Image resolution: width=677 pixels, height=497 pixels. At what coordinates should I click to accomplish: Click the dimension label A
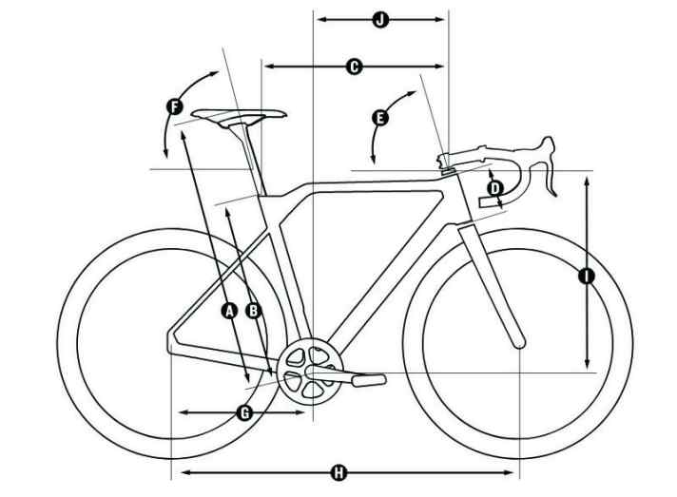[x=230, y=310]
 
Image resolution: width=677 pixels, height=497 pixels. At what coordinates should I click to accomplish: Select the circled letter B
[x=254, y=310]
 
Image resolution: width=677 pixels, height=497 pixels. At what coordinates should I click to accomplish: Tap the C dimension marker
[x=354, y=67]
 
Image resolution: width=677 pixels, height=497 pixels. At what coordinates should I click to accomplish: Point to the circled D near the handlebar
[x=495, y=188]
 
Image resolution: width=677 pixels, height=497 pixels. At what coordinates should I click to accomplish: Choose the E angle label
[x=380, y=118]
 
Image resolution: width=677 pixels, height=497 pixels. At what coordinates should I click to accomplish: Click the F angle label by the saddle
[x=174, y=106]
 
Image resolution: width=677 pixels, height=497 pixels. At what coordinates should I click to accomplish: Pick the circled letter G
[x=244, y=413]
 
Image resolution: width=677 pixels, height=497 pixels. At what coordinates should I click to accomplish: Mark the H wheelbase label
[x=338, y=473]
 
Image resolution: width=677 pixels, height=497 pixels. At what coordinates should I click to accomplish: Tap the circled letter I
[x=587, y=276]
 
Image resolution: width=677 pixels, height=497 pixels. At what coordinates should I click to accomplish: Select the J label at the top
[x=380, y=19]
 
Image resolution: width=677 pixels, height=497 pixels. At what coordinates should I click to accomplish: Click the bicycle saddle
[x=240, y=117]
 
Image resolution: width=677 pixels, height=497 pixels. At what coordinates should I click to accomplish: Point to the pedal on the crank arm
[x=369, y=380]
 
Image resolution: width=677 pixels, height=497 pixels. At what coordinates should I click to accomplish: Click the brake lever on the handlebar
[x=549, y=165]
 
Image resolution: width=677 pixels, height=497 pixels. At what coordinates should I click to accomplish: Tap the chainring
[x=310, y=372]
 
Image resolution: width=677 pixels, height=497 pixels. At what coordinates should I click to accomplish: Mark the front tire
[x=517, y=343]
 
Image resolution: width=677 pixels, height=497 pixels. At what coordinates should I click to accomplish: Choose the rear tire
[x=173, y=343]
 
